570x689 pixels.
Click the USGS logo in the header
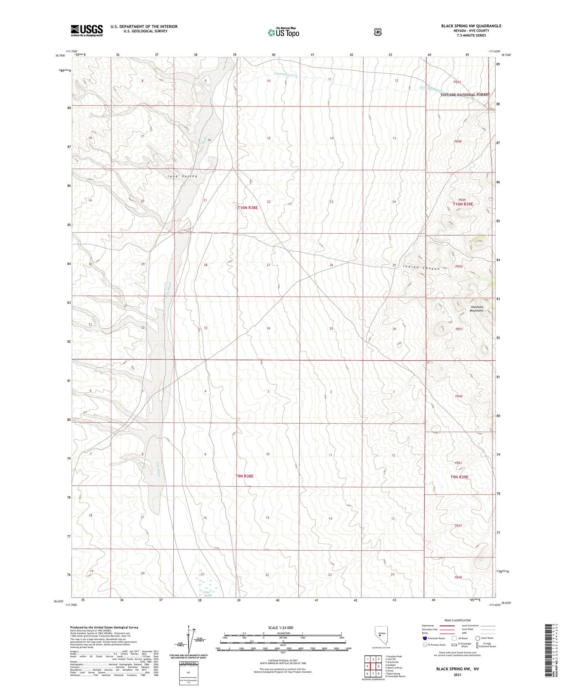(87, 30)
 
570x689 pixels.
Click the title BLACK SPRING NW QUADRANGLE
(471, 26)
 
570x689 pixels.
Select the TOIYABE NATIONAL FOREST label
(465, 95)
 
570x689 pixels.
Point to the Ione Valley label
(182, 176)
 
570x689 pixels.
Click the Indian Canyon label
(421, 268)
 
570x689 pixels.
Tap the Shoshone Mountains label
(477, 309)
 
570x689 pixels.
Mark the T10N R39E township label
(463, 204)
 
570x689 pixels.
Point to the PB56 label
(459, 266)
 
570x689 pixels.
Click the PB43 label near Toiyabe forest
(457, 82)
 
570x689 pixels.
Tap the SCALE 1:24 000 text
(281, 627)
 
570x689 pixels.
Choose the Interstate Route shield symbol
(424, 638)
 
